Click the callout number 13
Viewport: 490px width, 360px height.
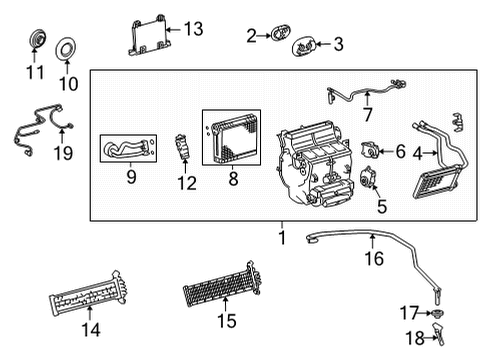193,29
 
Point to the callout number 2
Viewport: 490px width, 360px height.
251,36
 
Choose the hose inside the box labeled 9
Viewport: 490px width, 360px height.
128,151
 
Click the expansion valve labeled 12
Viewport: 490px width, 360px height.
183,147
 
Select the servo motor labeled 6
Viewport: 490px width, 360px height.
370,151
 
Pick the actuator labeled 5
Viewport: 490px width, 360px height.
368,181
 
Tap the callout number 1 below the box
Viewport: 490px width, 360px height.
281,239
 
